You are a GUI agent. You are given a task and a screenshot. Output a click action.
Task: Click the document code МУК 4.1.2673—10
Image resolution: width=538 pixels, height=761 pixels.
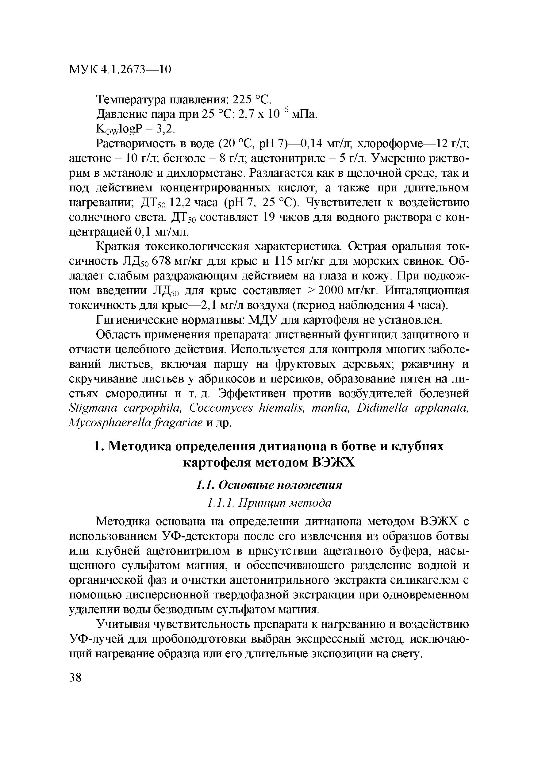[120, 69]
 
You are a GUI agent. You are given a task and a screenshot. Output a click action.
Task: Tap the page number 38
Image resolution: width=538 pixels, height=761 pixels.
[75, 678]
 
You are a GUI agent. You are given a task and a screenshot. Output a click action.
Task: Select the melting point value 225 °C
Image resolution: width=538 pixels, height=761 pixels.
[252, 99]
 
